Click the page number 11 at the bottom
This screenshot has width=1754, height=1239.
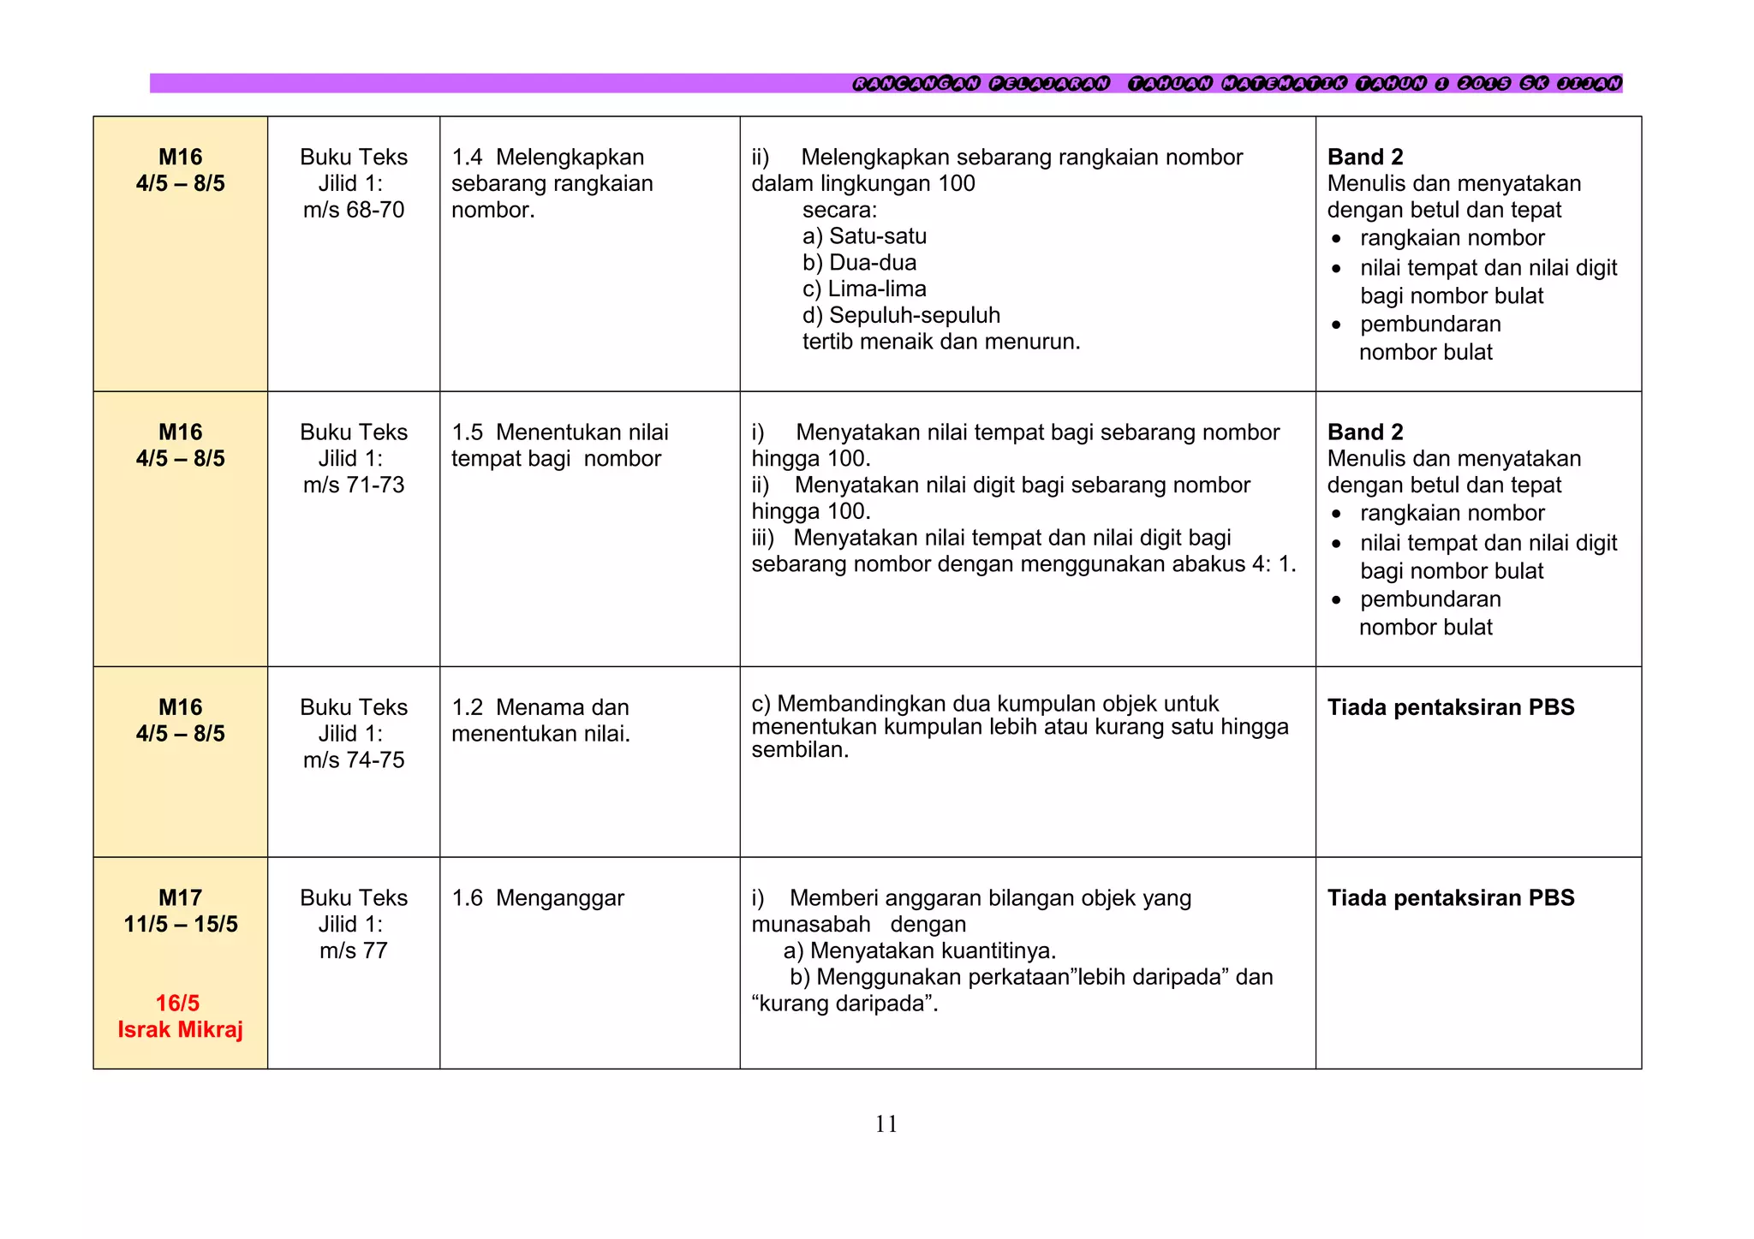click(886, 1123)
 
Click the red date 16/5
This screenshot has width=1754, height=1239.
click(177, 1003)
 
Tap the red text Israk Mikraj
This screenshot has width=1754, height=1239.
click(180, 1029)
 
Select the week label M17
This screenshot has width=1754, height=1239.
click(180, 897)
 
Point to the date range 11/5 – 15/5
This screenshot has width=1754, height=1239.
click(180, 924)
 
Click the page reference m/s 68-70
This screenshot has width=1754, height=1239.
click(353, 210)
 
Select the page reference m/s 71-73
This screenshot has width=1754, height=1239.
click(353, 485)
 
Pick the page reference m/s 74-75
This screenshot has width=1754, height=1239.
click(353, 759)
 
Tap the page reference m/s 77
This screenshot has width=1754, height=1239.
click(353, 950)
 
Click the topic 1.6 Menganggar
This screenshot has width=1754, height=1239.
click(538, 897)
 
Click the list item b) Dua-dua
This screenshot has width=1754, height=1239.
click(859, 262)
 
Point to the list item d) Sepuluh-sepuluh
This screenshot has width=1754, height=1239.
click(901, 315)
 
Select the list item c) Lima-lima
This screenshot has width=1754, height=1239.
click(864, 289)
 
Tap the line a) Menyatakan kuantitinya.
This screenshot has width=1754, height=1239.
click(919, 950)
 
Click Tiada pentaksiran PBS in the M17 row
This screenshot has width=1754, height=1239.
click(1450, 897)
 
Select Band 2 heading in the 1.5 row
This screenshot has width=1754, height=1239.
click(1364, 432)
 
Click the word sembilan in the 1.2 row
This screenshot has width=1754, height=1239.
click(799, 750)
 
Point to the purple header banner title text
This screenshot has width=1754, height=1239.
click(1236, 83)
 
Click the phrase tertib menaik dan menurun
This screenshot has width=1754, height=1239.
click(940, 342)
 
